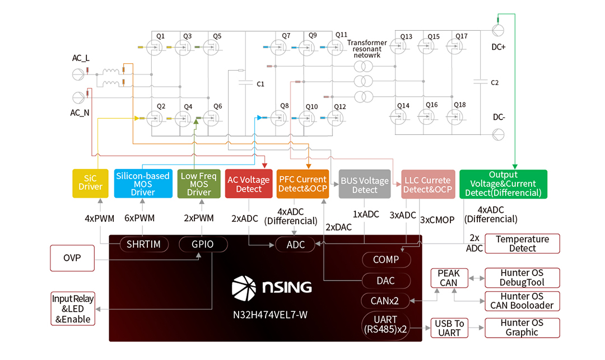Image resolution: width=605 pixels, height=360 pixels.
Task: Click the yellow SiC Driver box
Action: pyautogui.click(x=90, y=183)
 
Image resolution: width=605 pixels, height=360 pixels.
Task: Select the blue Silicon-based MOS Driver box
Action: pyautogui.click(x=142, y=184)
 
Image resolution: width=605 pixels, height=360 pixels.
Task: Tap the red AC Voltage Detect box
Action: pyautogui.click(x=249, y=184)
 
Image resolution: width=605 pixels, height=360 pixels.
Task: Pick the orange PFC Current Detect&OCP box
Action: pyautogui.click(x=302, y=184)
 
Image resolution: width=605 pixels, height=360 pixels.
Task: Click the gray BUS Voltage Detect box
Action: pyautogui.click(x=365, y=184)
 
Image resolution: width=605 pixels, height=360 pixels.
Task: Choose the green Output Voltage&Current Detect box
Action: pyautogui.click(x=503, y=184)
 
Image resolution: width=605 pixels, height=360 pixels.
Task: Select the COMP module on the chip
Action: pyautogui.click(x=385, y=260)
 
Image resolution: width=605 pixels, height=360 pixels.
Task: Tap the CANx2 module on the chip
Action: pyautogui.click(x=385, y=301)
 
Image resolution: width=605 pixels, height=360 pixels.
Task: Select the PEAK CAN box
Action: pyautogui.click(x=449, y=278)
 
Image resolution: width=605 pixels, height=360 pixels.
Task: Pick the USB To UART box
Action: pyautogui.click(x=449, y=328)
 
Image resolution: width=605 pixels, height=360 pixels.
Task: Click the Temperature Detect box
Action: pyautogui.click(x=522, y=244)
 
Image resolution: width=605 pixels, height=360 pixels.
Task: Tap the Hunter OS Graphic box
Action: pyautogui.click(x=522, y=328)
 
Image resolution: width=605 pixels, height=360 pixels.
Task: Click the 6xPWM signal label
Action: pyautogui.click(x=143, y=218)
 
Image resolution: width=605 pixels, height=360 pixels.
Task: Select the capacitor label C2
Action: pyautogui.click(x=494, y=83)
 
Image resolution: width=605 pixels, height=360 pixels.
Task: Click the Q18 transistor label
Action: pyautogui.click(x=459, y=105)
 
